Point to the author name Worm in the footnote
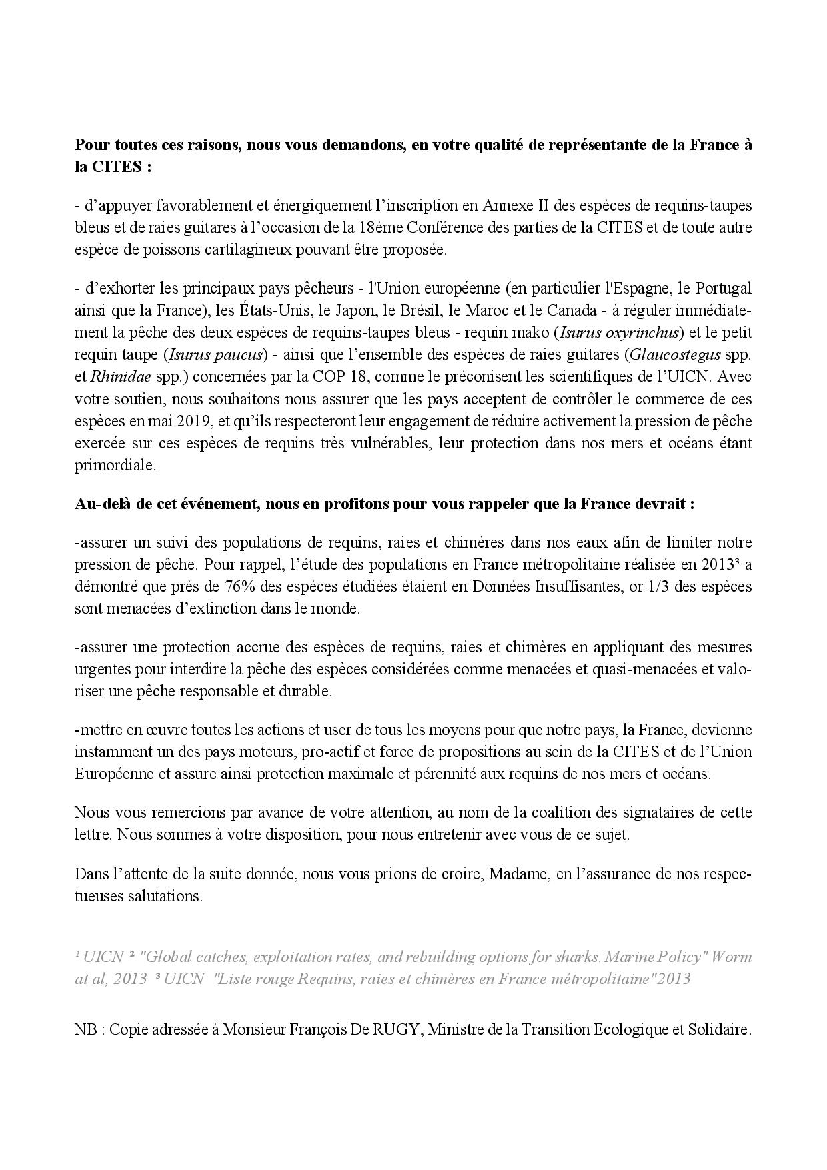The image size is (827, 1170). coord(732,957)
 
